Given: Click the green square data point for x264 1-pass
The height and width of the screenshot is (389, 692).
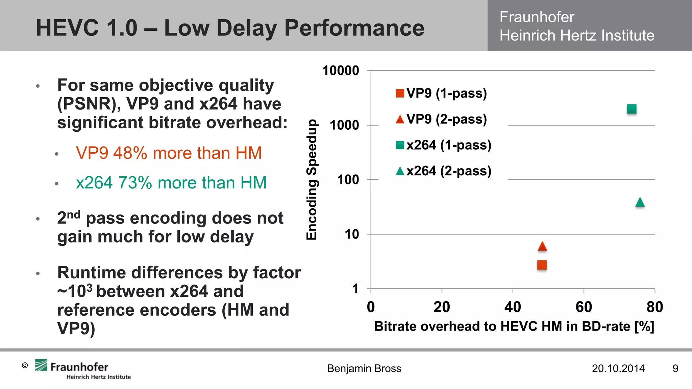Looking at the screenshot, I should (632, 109).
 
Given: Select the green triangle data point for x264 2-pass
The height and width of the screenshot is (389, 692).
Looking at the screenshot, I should (640, 203).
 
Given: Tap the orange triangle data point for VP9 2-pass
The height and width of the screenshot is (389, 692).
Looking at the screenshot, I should (542, 247).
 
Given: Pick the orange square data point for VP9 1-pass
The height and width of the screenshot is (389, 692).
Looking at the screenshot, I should (542, 265).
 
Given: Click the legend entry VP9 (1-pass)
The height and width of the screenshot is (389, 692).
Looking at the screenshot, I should (441, 93).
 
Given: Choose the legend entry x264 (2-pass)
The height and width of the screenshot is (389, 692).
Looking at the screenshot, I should (443, 171).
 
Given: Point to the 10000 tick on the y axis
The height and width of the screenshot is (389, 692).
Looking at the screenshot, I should (341, 71).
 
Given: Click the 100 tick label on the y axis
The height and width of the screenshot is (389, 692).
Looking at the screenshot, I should (348, 180).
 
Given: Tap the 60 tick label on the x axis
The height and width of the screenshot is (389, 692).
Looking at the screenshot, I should (584, 307).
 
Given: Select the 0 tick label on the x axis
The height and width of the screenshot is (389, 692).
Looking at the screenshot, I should (371, 307).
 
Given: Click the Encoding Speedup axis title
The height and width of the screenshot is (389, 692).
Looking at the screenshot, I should (312, 180).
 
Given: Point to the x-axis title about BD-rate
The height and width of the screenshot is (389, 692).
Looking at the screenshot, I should (514, 327).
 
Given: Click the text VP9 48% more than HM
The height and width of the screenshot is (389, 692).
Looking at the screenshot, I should (169, 153).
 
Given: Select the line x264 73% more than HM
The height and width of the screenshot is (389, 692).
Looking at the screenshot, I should (171, 183).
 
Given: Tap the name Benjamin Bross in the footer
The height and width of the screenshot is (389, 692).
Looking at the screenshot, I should (364, 368).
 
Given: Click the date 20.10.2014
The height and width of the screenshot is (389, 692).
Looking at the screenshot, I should (618, 368).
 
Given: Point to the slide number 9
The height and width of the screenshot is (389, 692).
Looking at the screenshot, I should (675, 368).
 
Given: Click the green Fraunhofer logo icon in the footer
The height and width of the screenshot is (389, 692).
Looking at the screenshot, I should (41, 365).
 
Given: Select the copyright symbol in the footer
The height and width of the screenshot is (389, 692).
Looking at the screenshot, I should (25, 365).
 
